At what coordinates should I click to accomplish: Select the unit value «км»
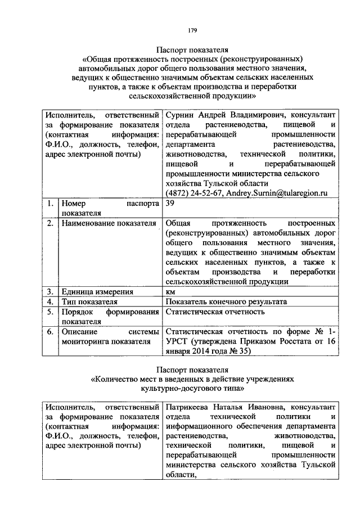171,291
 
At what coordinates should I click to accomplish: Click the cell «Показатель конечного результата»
227,301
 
